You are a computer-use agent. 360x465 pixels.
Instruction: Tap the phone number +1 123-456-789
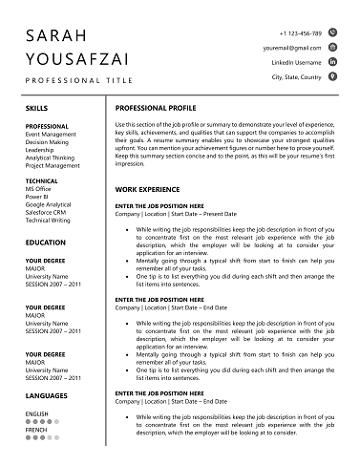300,32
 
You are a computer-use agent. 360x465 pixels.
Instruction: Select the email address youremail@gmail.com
292,47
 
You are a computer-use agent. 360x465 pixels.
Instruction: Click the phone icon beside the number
332,32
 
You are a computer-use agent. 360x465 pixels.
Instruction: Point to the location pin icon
332,76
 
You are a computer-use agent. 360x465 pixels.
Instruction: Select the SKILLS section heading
38,109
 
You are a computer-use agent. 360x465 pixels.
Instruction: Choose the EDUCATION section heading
46,243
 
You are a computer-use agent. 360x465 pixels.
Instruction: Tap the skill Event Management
52,135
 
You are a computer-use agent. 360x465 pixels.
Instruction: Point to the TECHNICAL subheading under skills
41,180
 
